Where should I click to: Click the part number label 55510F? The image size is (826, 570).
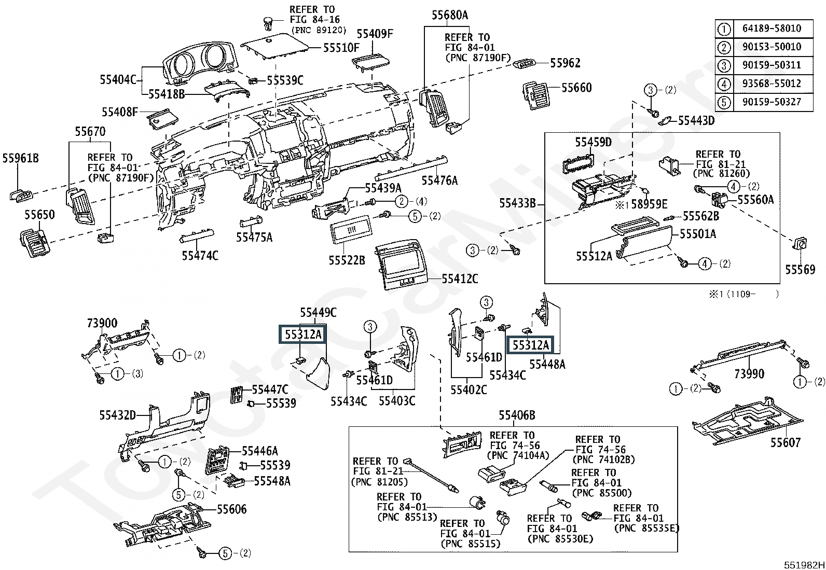coord(341,48)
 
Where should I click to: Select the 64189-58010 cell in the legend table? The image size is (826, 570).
coord(772,29)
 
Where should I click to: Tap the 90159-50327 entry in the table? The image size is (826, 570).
coord(772,102)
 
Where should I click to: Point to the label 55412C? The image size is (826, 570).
coord(460,279)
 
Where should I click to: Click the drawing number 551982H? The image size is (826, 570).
coord(804,565)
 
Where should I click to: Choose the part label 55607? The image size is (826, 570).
coord(786,442)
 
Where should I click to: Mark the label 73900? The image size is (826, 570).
coord(102,323)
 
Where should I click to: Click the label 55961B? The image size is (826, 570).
coord(21,158)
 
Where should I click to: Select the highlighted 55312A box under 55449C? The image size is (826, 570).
coord(302,335)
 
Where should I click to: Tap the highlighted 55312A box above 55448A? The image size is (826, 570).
coord(530,345)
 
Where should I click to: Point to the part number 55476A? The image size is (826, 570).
coord(439,180)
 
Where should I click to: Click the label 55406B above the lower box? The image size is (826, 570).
coord(517,415)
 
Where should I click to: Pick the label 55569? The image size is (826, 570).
coord(800,270)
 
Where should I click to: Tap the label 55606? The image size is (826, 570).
coord(231,509)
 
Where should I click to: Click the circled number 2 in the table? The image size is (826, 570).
coord(724,47)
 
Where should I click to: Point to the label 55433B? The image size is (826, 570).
coord(517,203)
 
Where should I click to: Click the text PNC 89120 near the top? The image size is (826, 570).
coord(319,30)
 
